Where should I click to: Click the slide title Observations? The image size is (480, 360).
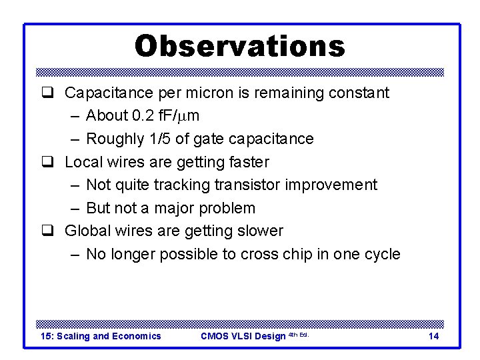pos(240,46)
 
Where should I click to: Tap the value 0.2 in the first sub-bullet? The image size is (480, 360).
pos(143,116)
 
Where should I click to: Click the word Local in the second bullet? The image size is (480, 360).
pos(82,162)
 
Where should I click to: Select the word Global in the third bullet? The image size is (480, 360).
pos(86,231)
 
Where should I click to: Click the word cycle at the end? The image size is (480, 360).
pos(380,254)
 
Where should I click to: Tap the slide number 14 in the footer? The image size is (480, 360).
pos(433,336)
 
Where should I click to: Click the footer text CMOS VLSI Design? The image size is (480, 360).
pos(243,336)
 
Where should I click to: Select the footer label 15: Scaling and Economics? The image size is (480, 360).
pos(101,336)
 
